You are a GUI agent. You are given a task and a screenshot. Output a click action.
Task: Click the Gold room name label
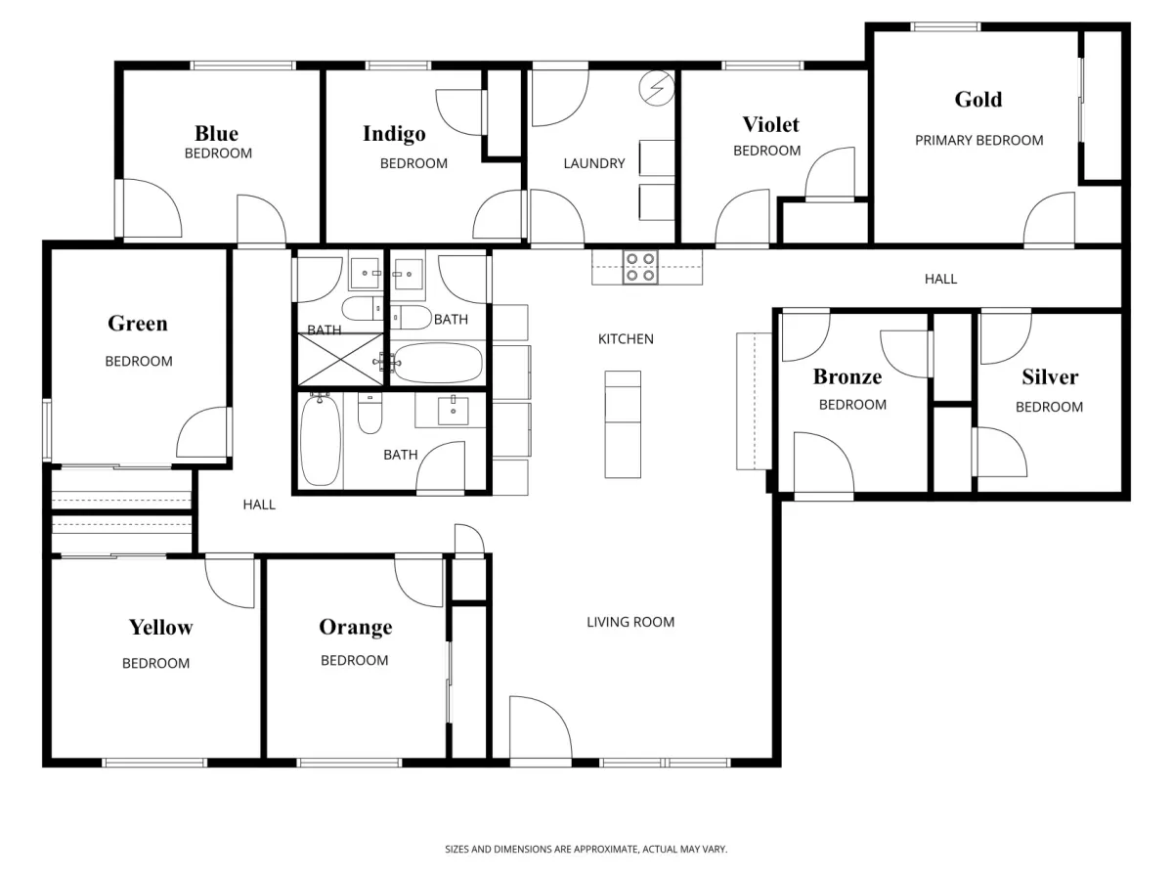(977, 100)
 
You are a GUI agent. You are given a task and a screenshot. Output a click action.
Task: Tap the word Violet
(770, 124)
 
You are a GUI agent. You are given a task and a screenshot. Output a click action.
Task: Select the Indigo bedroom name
(394, 134)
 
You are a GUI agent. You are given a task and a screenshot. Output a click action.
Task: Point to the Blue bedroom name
(216, 133)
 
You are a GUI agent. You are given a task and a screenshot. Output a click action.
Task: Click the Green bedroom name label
(138, 324)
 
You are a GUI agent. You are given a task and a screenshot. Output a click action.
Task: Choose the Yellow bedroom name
(161, 627)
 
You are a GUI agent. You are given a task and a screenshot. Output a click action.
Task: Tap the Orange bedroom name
(356, 627)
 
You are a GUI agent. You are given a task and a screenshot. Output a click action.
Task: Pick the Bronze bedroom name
(847, 376)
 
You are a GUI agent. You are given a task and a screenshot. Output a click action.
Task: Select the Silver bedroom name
(1050, 377)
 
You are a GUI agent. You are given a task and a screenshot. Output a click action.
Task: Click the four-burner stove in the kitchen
(640, 267)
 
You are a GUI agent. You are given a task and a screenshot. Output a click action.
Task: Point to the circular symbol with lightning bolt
(657, 88)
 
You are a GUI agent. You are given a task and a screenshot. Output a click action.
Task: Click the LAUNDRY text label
(594, 163)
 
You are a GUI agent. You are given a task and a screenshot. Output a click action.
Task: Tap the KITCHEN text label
(626, 339)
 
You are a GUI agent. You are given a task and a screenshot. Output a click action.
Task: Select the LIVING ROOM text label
(630, 622)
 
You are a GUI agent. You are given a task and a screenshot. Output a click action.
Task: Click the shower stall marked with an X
(340, 360)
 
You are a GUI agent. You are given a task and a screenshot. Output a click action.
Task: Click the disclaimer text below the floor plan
(586, 849)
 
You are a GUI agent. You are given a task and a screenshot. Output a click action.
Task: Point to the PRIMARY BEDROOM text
(979, 141)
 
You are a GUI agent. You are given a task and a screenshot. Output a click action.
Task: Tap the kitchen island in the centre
(623, 424)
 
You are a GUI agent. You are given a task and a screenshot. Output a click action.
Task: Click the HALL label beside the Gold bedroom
(940, 279)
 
